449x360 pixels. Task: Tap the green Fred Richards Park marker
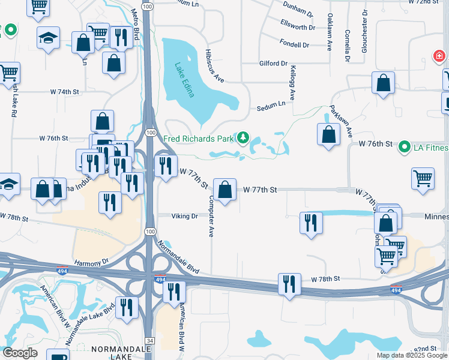coord(243,139)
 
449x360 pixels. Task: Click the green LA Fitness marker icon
coord(405,146)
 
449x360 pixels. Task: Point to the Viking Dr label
coord(184,216)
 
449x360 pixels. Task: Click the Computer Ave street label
coord(211,215)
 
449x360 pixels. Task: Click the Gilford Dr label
coord(274,64)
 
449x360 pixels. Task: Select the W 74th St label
coord(65,92)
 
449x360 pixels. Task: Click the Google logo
coord(20,352)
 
